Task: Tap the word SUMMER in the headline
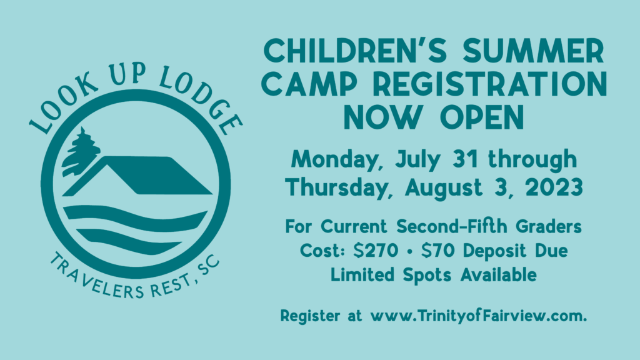pyautogui.click(x=534, y=51)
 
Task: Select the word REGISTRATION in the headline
pyautogui.click(x=490, y=84)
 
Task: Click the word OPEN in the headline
pyautogui.click(x=482, y=117)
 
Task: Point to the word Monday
pyautogui.click(x=335, y=159)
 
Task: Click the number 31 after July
pyautogui.click(x=465, y=159)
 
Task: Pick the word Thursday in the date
pyautogui.click(x=338, y=187)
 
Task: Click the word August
pyautogui.click(x=444, y=188)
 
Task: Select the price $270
pyautogui.click(x=376, y=250)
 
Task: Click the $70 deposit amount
pyautogui.click(x=437, y=250)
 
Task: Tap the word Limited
pyautogui.click(x=362, y=274)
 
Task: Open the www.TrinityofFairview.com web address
pyautogui.click(x=478, y=316)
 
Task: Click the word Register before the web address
pyautogui.click(x=310, y=316)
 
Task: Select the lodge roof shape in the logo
pyautogui.click(x=137, y=176)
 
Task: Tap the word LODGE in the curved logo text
pyautogui.click(x=201, y=101)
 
